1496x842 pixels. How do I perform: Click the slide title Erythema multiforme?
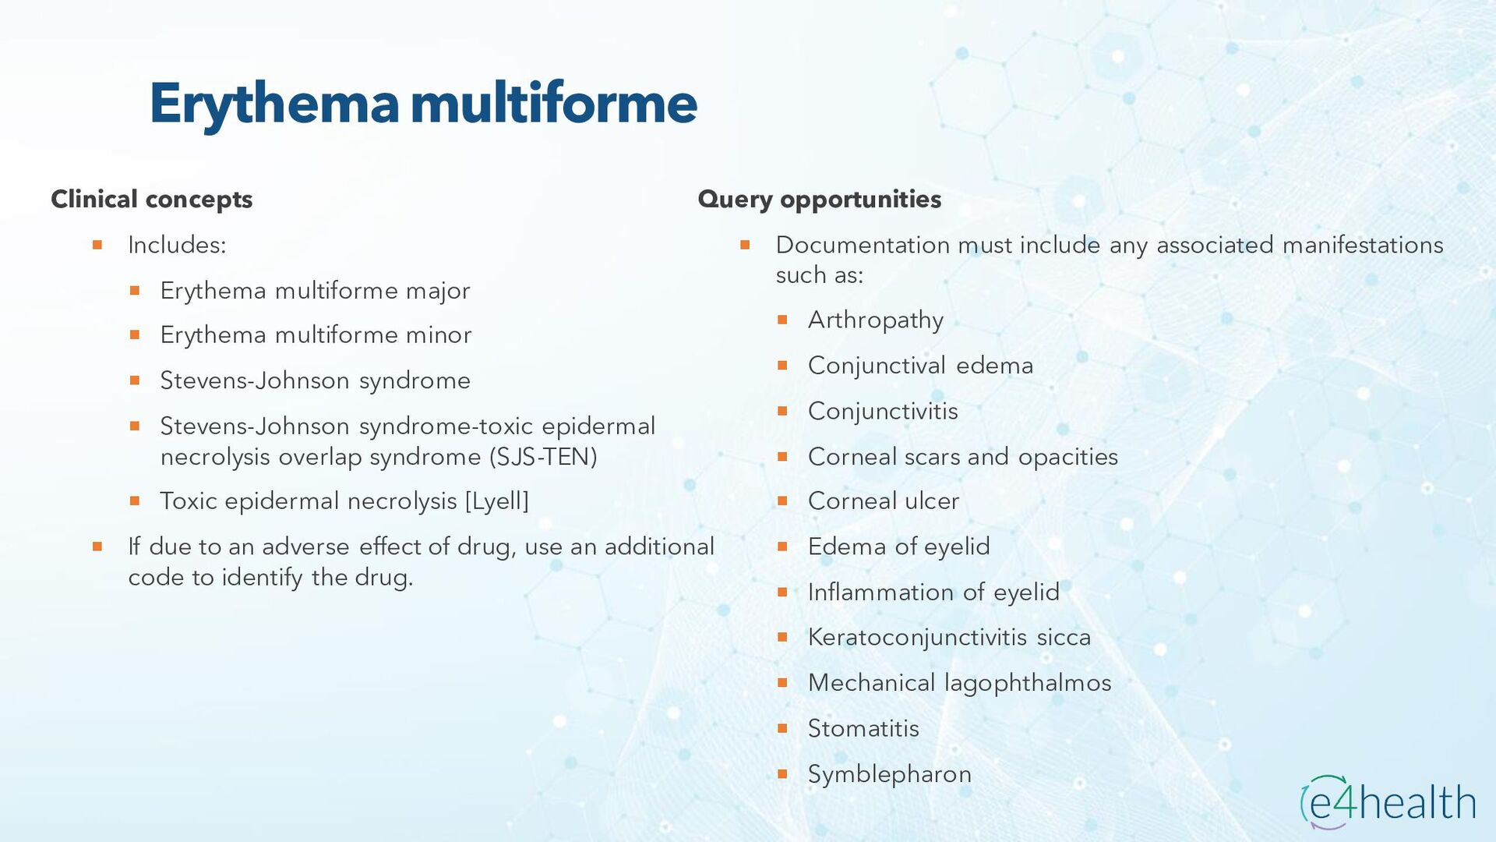(423, 103)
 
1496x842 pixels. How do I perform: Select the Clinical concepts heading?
(152, 199)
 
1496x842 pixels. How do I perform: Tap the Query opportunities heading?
(819, 199)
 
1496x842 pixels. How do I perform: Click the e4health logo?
(1388, 801)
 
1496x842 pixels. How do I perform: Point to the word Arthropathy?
(875, 320)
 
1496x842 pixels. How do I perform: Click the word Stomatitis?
(863, 728)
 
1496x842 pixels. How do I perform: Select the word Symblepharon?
(889, 774)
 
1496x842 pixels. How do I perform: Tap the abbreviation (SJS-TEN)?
(543, 456)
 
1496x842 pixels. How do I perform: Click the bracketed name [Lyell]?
(496, 501)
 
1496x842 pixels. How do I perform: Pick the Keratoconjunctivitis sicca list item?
(949, 637)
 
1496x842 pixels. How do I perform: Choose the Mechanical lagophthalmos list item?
(959, 683)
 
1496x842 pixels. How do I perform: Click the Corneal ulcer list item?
(883, 501)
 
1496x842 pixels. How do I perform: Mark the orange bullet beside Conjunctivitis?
(783, 410)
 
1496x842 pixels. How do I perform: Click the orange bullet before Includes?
(97, 245)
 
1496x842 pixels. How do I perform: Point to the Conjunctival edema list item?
(920, 365)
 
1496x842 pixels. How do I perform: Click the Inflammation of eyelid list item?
(933, 592)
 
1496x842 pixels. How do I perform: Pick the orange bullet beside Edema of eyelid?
(783, 547)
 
